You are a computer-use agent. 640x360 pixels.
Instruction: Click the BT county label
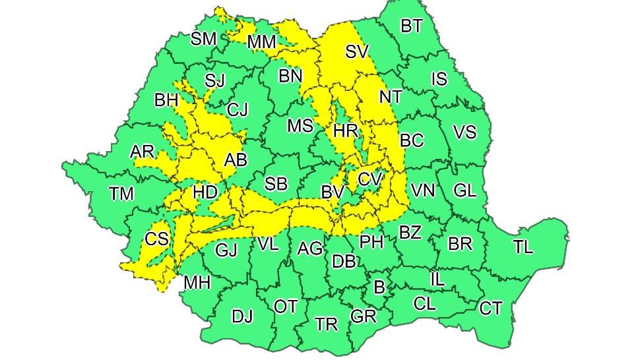click(412, 26)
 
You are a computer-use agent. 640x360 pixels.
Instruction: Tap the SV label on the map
click(357, 51)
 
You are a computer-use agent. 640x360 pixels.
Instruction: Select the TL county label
click(523, 247)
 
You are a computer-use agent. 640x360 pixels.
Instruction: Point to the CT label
click(490, 308)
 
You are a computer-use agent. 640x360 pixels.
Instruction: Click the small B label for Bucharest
click(379, 287)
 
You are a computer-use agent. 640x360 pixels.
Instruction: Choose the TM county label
click(121, 194)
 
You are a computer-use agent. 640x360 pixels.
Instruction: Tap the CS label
click(156, 239)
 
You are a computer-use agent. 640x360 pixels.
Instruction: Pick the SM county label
click(203, 39)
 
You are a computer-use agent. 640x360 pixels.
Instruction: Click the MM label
click(261, 43)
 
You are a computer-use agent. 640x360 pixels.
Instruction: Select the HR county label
click(346, 131)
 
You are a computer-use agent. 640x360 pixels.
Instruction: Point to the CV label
click(369, 179)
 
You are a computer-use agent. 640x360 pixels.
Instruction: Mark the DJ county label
click(242, 316)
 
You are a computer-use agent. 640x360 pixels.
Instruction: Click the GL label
click(465, 191)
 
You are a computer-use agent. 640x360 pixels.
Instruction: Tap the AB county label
click(236, 160)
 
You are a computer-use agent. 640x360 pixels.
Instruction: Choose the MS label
click(300, 125)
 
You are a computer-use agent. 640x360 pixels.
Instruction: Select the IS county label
click(439, 80)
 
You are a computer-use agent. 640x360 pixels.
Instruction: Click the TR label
click(326, 324)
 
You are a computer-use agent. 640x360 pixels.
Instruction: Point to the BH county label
click(166, 101)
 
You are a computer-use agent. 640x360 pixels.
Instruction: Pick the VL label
click(268, 245)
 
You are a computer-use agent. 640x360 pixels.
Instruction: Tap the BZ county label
click(410, 232)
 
